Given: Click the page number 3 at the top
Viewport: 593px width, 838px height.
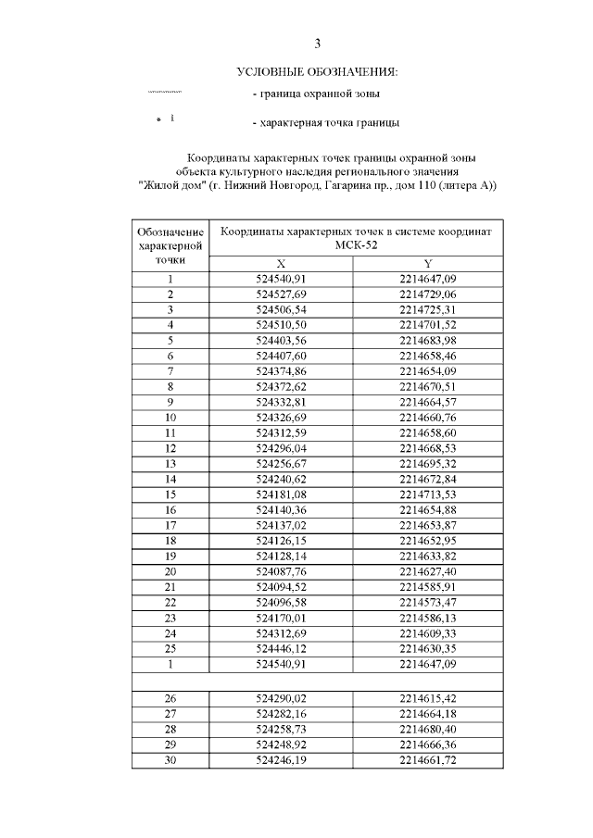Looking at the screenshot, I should (318, 44).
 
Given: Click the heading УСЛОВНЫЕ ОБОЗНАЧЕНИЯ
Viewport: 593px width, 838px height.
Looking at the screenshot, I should (317, 71).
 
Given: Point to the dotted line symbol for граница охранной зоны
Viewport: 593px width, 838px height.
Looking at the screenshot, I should (165, 93).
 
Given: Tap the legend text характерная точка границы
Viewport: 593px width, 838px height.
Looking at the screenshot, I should (326, 122).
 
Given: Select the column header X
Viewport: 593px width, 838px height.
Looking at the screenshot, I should (282, 263).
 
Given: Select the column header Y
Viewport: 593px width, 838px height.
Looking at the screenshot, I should (428, 263).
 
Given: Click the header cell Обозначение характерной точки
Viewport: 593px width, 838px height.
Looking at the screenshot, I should (170, 244).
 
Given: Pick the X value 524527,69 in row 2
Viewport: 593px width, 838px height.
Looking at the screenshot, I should (282, 294).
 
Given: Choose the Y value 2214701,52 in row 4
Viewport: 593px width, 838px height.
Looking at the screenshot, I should (428, 324).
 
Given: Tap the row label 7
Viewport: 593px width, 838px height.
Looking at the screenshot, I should (170, 370).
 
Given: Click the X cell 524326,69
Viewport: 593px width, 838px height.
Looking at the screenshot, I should (282, 417).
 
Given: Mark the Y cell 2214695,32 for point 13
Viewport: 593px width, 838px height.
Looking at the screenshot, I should (428, 463).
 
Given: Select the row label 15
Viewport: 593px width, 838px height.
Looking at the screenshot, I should (170, 494).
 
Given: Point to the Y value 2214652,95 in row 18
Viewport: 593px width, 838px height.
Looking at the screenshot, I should (428, 540).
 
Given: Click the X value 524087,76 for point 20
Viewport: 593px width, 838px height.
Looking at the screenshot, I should (282, 571).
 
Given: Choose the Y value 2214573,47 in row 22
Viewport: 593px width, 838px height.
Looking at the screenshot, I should (428, 602).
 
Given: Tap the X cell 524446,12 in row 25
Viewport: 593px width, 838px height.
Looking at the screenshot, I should (282, 648).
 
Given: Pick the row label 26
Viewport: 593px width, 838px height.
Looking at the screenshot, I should (170, 699).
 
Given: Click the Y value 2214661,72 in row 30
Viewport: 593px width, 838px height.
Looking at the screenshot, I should (428, 760).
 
